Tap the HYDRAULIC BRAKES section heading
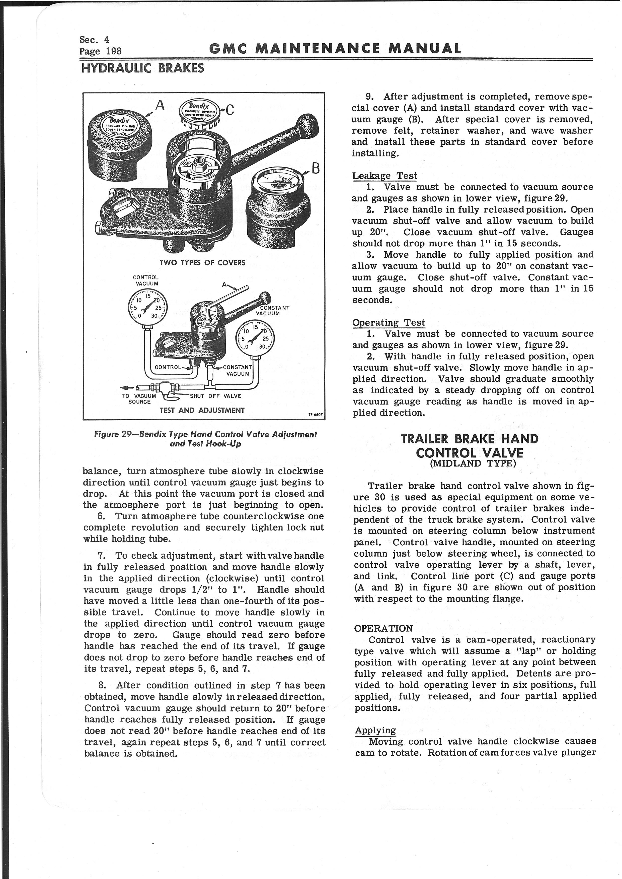click(x=142, y=68)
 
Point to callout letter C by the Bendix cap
click(x=230, y=110)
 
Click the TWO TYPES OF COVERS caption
click(x=202, y=263)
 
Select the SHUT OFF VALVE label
click(x=215, y=396)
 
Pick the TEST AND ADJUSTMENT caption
click(x=202, y=410)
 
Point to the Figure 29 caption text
click(x=205, y=439)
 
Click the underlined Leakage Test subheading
click(x=384, y=176)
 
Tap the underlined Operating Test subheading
click(x=388, y=323)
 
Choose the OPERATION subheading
click(x=383, y=628)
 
